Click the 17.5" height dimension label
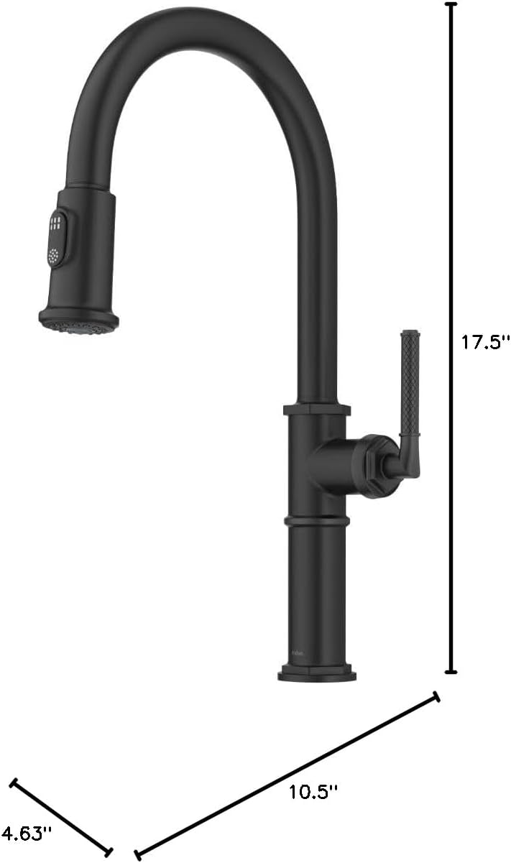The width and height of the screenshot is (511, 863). coord(486,342)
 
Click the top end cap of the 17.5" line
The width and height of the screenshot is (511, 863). coord(451,4)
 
